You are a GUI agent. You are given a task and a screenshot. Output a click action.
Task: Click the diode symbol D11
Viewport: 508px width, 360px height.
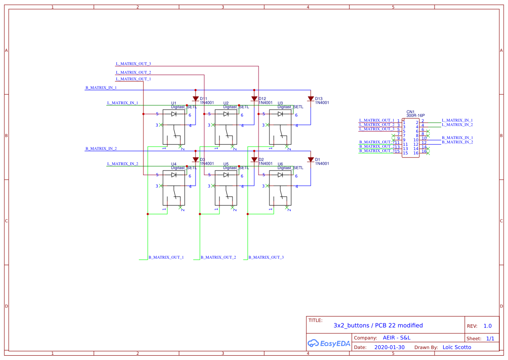pos(196,99)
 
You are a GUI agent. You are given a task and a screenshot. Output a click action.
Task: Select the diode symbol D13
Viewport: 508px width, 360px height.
pos(310,99)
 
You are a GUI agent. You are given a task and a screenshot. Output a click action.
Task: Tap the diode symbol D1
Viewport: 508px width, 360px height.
pos(310,160)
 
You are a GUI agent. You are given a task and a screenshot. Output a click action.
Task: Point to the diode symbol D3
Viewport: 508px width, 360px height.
pos(196,160)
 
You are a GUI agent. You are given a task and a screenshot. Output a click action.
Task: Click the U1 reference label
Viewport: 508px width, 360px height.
pos(174,103)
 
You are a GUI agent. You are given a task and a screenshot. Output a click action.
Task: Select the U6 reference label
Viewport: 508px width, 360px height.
pos(280,164)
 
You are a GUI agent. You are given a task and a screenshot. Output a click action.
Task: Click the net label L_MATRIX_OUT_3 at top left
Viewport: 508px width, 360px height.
pos(133,64)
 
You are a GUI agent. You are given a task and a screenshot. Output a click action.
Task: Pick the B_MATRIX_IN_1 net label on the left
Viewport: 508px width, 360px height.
pos(101,88)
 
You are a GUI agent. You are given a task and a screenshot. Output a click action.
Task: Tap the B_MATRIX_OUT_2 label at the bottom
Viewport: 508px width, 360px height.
pos(218,257)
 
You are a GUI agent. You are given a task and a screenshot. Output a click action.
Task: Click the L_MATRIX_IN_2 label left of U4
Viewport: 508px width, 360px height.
pos(123,164)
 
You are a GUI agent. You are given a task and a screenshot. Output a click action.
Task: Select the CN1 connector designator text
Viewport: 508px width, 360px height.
pos(410,112)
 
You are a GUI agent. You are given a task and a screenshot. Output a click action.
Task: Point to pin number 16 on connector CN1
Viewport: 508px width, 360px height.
pos(416,153)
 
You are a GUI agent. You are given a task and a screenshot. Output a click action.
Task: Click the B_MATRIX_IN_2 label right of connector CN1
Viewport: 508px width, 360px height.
pos(457,142)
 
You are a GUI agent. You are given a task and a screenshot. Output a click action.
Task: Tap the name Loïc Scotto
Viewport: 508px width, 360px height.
pos(456,347)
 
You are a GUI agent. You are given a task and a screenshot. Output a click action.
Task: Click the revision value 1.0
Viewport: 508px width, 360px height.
pos(488,326)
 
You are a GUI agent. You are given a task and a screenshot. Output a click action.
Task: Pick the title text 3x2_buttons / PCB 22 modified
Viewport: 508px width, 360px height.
pos(378,326)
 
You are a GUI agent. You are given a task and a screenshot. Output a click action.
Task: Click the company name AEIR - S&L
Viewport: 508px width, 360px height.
pos(396,338)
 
